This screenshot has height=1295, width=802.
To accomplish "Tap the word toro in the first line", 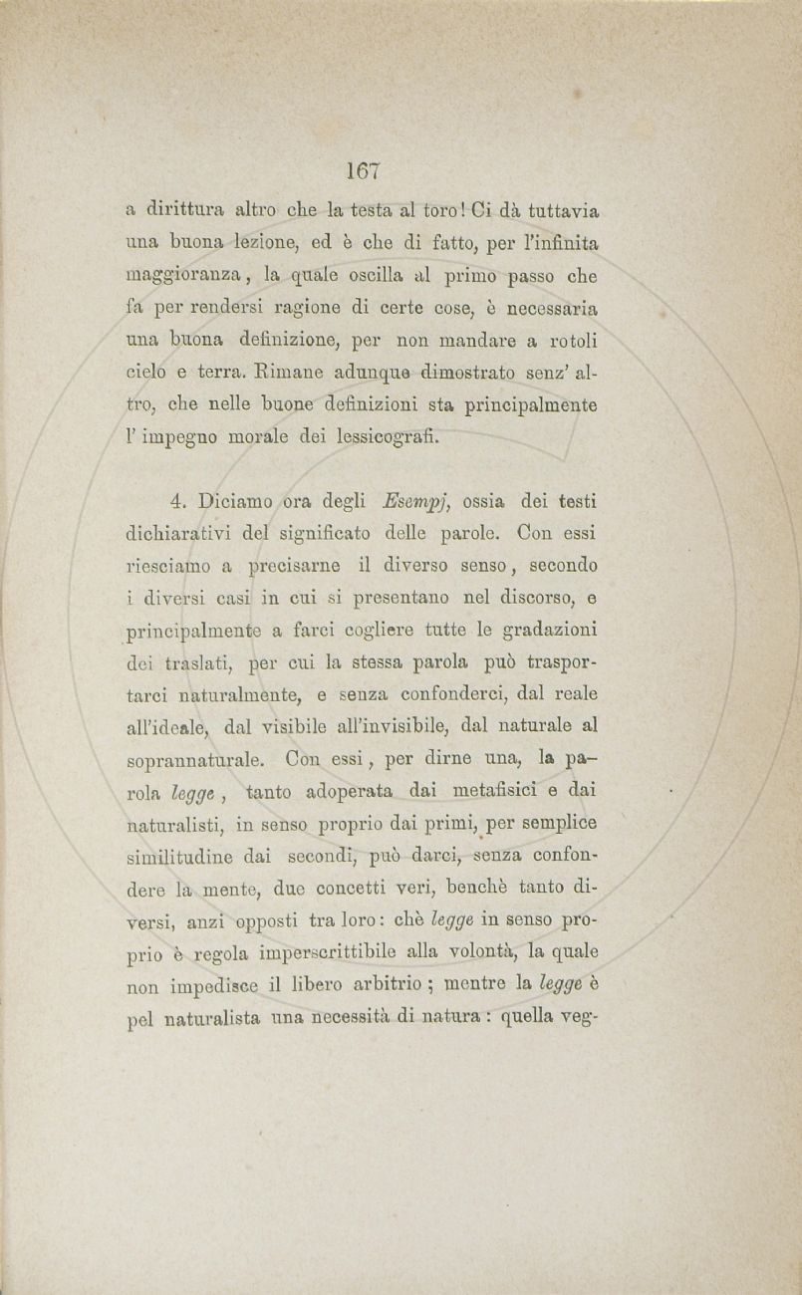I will pyautogui.click(x=439, y=212).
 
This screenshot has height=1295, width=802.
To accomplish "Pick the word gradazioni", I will pyautogui.click(x=547, y=629).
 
